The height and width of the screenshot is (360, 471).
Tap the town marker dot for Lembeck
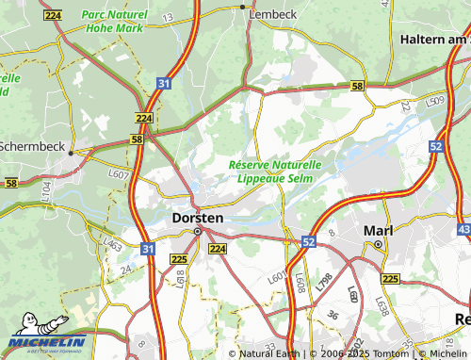(244, 6)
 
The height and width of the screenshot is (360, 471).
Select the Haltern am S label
(434, 40)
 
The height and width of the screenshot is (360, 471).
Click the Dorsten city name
(198, 218)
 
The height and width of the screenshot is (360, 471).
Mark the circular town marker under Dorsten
(198, 231)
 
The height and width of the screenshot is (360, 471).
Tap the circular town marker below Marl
(377, 244)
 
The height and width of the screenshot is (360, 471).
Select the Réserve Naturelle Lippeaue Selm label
(275, 171)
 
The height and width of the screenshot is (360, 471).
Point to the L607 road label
(119, 174)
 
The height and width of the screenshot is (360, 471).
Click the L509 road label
(434, 100)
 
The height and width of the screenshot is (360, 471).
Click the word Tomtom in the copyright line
(389, 353)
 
